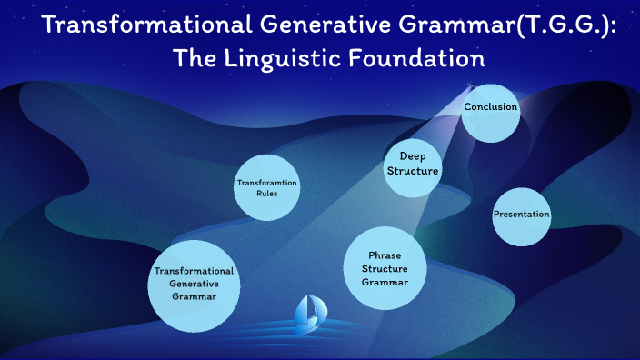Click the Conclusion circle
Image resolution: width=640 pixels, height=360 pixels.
click(491, 112)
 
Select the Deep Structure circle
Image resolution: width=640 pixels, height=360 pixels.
click(413, 165)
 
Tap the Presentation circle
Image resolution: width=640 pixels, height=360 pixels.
click(522, 215)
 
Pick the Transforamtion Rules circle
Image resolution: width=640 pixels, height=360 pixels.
click(267, 188)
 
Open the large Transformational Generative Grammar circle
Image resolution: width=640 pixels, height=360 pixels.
click(194, 285)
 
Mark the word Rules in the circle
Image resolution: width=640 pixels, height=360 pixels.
click(267, 194)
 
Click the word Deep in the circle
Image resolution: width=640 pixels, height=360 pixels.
click(413, 156)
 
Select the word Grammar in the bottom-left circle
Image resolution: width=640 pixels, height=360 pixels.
click(194, 297)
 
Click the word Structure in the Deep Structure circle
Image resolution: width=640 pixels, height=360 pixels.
click(413, 171)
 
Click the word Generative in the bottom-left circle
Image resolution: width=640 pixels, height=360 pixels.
click(194, 284)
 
